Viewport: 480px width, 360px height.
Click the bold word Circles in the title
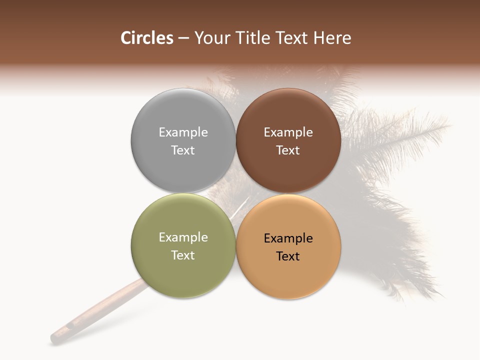[x=146, y=38]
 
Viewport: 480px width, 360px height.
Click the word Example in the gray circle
[x=183, y=132]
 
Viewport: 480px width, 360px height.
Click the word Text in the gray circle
[x=183, y=150]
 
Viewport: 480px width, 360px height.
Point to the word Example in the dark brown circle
[x=288, y=132]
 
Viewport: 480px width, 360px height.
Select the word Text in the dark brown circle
[x=288, y=150]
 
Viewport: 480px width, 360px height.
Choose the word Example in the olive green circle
[x=183, y=237]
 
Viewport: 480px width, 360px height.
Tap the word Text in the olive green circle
[x=183, y=255]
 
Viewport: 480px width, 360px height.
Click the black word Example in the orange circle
[x=288, y=238]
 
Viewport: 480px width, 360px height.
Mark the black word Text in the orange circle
[x=288, y=256]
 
